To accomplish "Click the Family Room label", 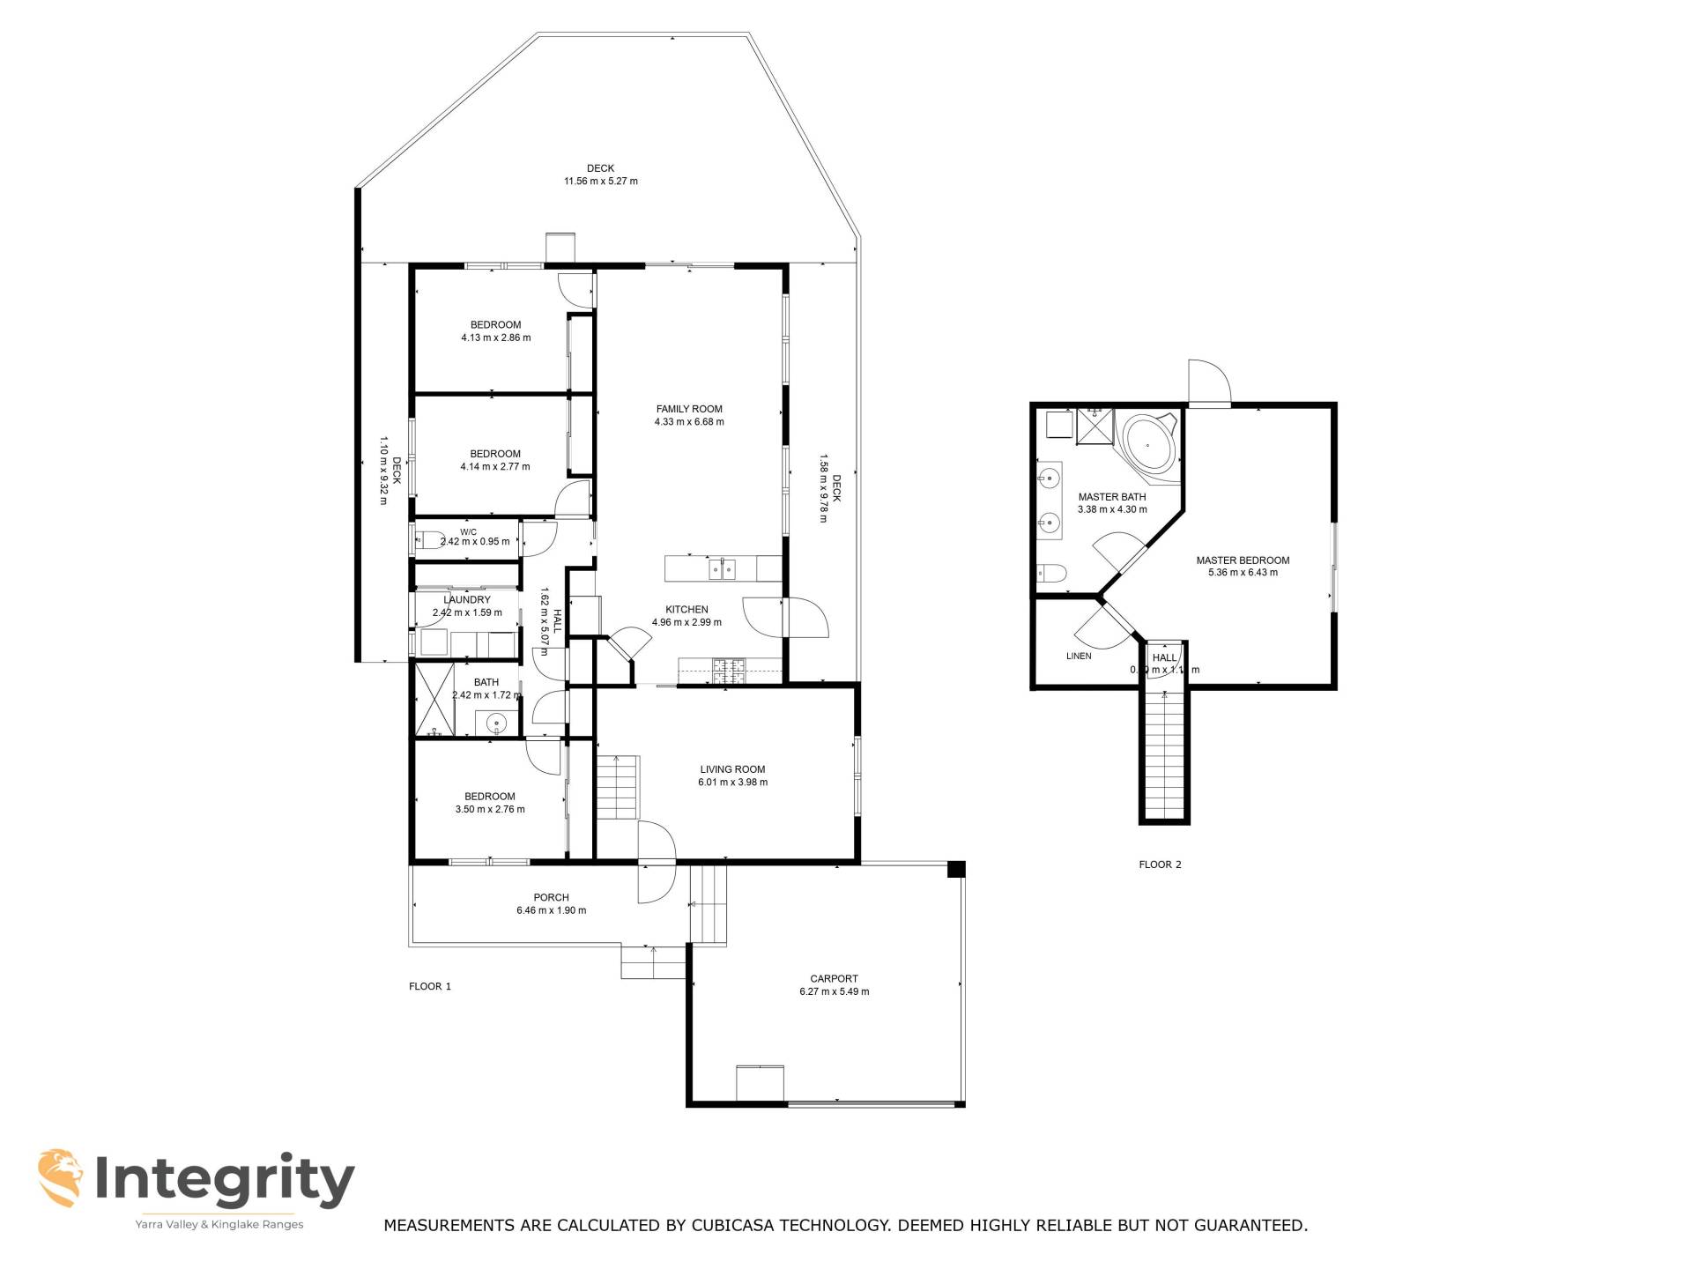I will pos(688,409).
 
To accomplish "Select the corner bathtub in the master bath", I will pos(1148,445).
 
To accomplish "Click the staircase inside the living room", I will pos(618,787).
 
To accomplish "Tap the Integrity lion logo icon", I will pos(61,1177).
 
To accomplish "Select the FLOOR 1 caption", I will pos(429,986).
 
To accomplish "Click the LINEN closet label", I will pos(1078,656).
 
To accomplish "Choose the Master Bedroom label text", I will pos(1242,560).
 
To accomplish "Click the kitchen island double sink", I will pos(723,569).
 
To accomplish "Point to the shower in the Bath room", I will pos(434,700).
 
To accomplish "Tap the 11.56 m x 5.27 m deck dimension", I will pos(600,182).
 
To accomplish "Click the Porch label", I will pos(551,897).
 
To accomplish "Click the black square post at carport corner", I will pos(956,869).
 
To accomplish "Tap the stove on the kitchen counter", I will pos(729,672).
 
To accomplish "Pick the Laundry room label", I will pos(466,600).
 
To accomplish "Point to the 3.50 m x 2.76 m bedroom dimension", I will pos(489,809).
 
